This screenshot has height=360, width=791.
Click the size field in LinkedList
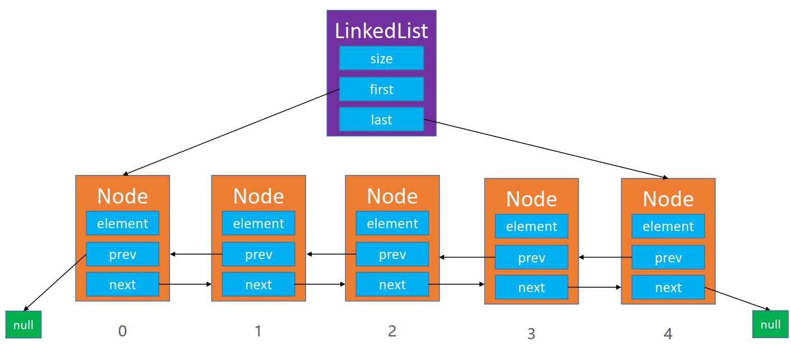pos(381,58)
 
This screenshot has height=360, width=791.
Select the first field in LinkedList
pos(381,89)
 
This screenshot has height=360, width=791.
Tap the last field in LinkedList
pos(381,119)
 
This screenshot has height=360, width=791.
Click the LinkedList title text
pos(381,31)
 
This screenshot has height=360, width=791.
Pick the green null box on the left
pos(24,325)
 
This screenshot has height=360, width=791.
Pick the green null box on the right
pos(770,324)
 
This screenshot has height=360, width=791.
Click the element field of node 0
pos(123,223)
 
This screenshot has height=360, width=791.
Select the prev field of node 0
pos(123,254)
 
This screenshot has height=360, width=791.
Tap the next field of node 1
pos(258,284)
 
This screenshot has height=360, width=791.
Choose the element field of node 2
pos(392,223)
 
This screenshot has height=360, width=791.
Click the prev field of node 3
pos(531,257)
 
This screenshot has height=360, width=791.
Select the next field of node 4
pos(668,287)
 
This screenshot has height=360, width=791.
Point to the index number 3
pos(531,334)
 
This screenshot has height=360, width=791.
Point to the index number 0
pos(122,331)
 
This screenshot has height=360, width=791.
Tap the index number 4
pos(668,334)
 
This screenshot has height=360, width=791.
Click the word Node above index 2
pos(392,196)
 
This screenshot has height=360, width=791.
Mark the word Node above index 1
pos(258,196)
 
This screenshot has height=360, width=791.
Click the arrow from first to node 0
pos(231,132)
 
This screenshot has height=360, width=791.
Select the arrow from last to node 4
pos(546,149)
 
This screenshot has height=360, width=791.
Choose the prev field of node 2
pos(392,254)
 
